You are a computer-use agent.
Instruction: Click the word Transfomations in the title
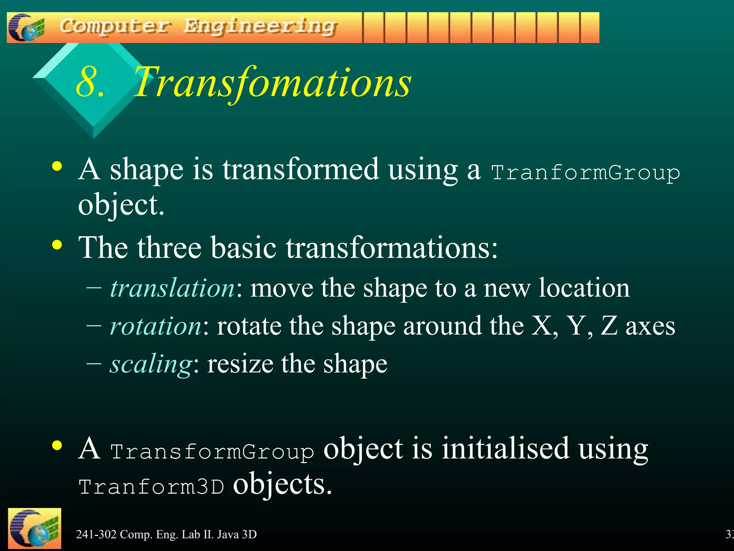click(272, 83)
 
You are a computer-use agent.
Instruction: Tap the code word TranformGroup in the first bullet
click(585, 173)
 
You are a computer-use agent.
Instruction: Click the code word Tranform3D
click(151, 487)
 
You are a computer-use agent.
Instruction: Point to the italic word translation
click(172, 288)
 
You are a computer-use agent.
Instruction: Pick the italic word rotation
click(156, 326)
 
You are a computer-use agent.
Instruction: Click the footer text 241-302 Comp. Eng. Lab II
click(166, 534)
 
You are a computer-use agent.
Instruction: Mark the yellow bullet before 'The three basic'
click(57, 245)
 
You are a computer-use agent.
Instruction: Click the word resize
click(240, 364)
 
